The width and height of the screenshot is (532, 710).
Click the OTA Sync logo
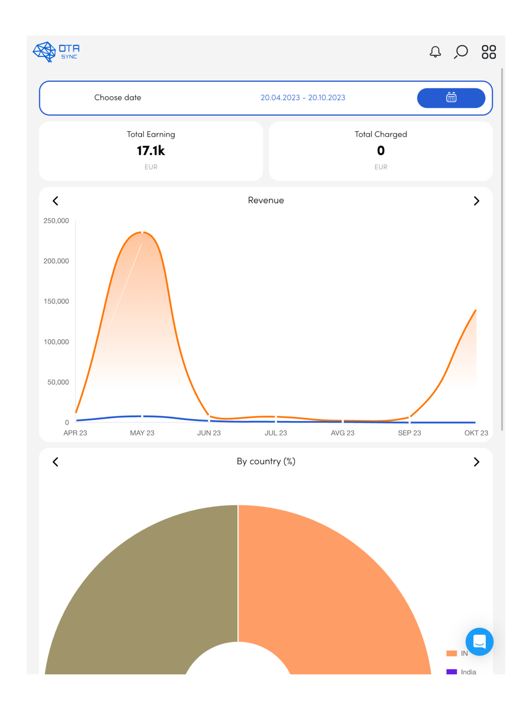(56, 52)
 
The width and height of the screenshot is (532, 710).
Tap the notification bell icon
(435, 52)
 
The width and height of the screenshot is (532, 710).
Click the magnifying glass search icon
(461, 52)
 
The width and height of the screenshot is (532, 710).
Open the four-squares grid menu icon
(488, 52)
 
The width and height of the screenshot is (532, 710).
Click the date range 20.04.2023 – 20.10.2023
(303, 97)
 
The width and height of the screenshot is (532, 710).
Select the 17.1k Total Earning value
(151, 151)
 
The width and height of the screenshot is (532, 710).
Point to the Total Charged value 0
(381, 151)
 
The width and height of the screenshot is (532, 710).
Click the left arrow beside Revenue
(55, 201)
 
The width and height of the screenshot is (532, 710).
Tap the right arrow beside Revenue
(476, 201)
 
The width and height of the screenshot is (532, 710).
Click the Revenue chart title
(266, 200)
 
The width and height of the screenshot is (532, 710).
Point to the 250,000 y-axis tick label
(56, 221)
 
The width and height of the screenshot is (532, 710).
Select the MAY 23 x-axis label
(142, 433)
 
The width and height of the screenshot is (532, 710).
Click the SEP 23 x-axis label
(409, 433)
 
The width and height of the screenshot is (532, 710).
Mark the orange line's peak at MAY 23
(142, 232)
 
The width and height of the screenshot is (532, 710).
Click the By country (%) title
(266, 461)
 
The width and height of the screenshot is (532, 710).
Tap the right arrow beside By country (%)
(476, 462)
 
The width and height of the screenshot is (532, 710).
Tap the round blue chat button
(479, 641)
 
